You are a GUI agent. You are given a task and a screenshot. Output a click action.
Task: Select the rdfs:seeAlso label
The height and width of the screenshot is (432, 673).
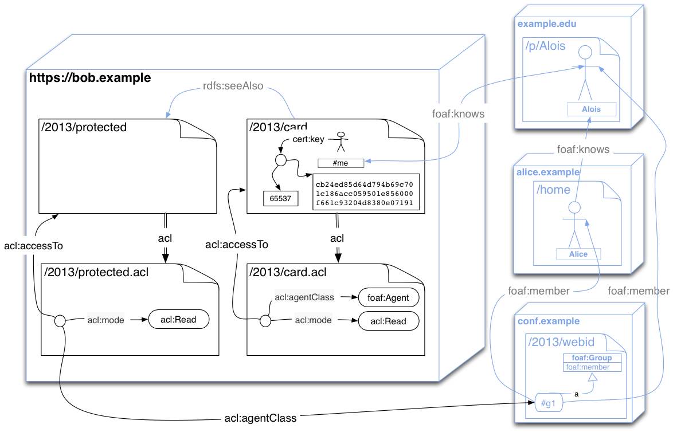coord(233,86)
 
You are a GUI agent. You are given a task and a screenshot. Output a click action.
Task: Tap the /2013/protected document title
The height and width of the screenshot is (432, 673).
coord(84,127)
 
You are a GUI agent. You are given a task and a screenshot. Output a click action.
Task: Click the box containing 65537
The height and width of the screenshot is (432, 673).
coord(277,198)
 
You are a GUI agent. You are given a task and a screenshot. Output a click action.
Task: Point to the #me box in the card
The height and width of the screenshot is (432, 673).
coord(341,163)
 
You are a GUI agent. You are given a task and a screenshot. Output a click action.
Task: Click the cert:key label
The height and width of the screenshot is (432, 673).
coord(308,138)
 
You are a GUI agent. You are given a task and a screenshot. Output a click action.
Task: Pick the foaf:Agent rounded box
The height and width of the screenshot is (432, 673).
coord(389,298)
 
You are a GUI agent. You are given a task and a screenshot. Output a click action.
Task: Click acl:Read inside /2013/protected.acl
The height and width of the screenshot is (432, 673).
coord(178,320)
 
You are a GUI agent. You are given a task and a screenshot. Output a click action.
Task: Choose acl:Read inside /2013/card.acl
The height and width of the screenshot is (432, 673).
coord(388,321)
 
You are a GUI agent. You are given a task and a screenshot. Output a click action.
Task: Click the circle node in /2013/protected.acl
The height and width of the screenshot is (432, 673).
coord(60,321)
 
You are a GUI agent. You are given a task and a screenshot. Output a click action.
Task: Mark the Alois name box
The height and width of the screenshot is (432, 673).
coord(591,109)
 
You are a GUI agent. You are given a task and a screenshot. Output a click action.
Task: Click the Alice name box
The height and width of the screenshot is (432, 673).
coord(578,254)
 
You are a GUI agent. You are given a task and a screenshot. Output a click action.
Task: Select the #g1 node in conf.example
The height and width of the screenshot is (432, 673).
coord(547,404)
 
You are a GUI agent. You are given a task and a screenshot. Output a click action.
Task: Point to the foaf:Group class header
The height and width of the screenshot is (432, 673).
coord(592,358)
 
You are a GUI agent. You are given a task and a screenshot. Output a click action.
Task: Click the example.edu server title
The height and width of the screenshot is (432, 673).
coord(547,24)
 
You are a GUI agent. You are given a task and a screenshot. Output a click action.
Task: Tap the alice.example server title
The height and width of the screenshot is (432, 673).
coord(548,172)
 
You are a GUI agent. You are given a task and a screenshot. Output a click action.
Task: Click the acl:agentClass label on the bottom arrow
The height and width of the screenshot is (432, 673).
coord(260,418)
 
